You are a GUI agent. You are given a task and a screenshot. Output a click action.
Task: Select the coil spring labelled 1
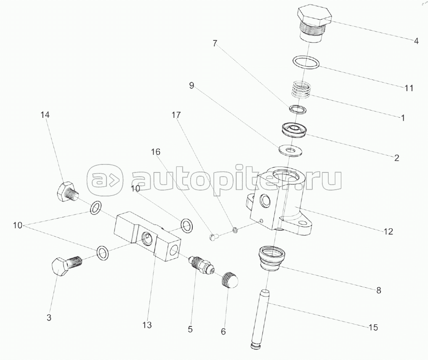click(x=301, y=90)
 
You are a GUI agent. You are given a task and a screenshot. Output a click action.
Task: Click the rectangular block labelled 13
click(x=147, y=238)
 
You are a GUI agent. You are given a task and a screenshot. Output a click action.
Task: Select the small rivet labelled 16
click(x=213, y=238)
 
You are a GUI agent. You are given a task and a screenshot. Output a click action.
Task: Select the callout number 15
click(x=373, y=327)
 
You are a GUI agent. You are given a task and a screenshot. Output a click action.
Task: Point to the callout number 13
click(x=146, y=325)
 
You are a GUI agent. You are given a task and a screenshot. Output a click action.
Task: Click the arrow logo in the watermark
click(x=105, y=180)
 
